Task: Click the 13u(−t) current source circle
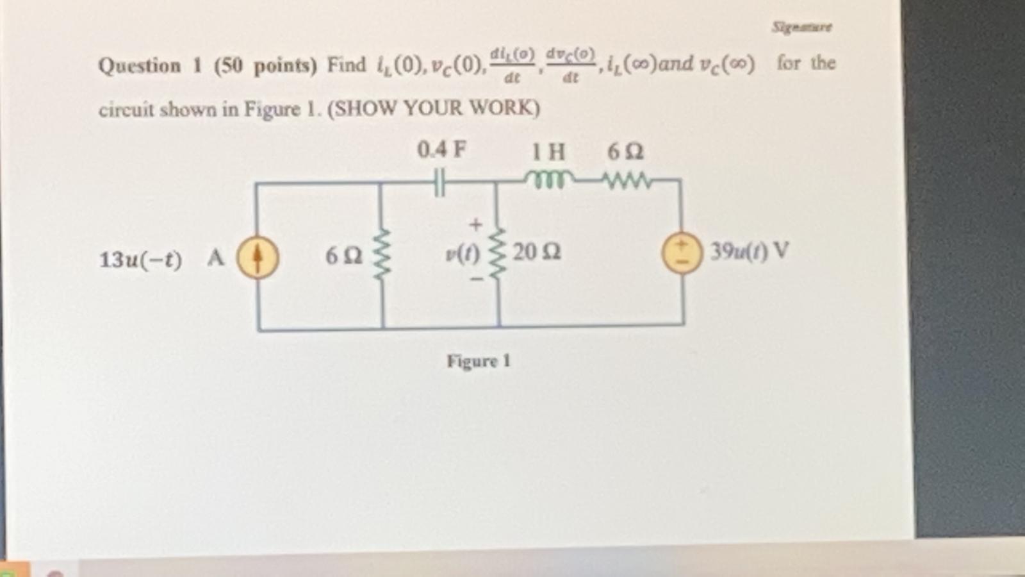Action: pos(258,258)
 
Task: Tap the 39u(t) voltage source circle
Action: pos(682,253)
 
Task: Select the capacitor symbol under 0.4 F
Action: pos(439,183)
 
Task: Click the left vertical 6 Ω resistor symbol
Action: pos(382,255)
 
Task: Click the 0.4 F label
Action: pos(441,150)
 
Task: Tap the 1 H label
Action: pos(548,152)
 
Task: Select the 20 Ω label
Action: pos(536,252)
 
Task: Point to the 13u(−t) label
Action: pos(140,260)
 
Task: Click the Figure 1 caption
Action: pos(478,361)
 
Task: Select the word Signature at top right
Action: pos(801,27)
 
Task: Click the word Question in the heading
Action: pos(140,65)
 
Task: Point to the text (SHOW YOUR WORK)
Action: pos(434,108)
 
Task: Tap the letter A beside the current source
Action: pos(215,258)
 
